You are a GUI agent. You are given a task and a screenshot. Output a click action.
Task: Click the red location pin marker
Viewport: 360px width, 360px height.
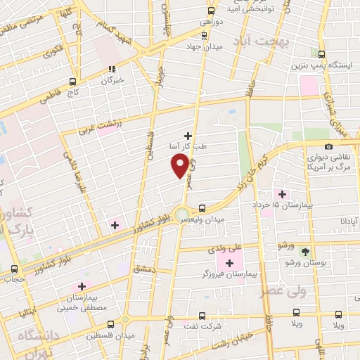pos(181,165)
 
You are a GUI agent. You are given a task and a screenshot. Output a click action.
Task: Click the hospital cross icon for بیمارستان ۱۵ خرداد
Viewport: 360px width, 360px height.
pos(283,194)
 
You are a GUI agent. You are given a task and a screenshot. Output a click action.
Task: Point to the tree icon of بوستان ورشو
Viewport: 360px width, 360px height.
pos(305,251)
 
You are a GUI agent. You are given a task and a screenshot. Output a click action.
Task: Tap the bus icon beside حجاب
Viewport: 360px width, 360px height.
pos(15,269)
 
